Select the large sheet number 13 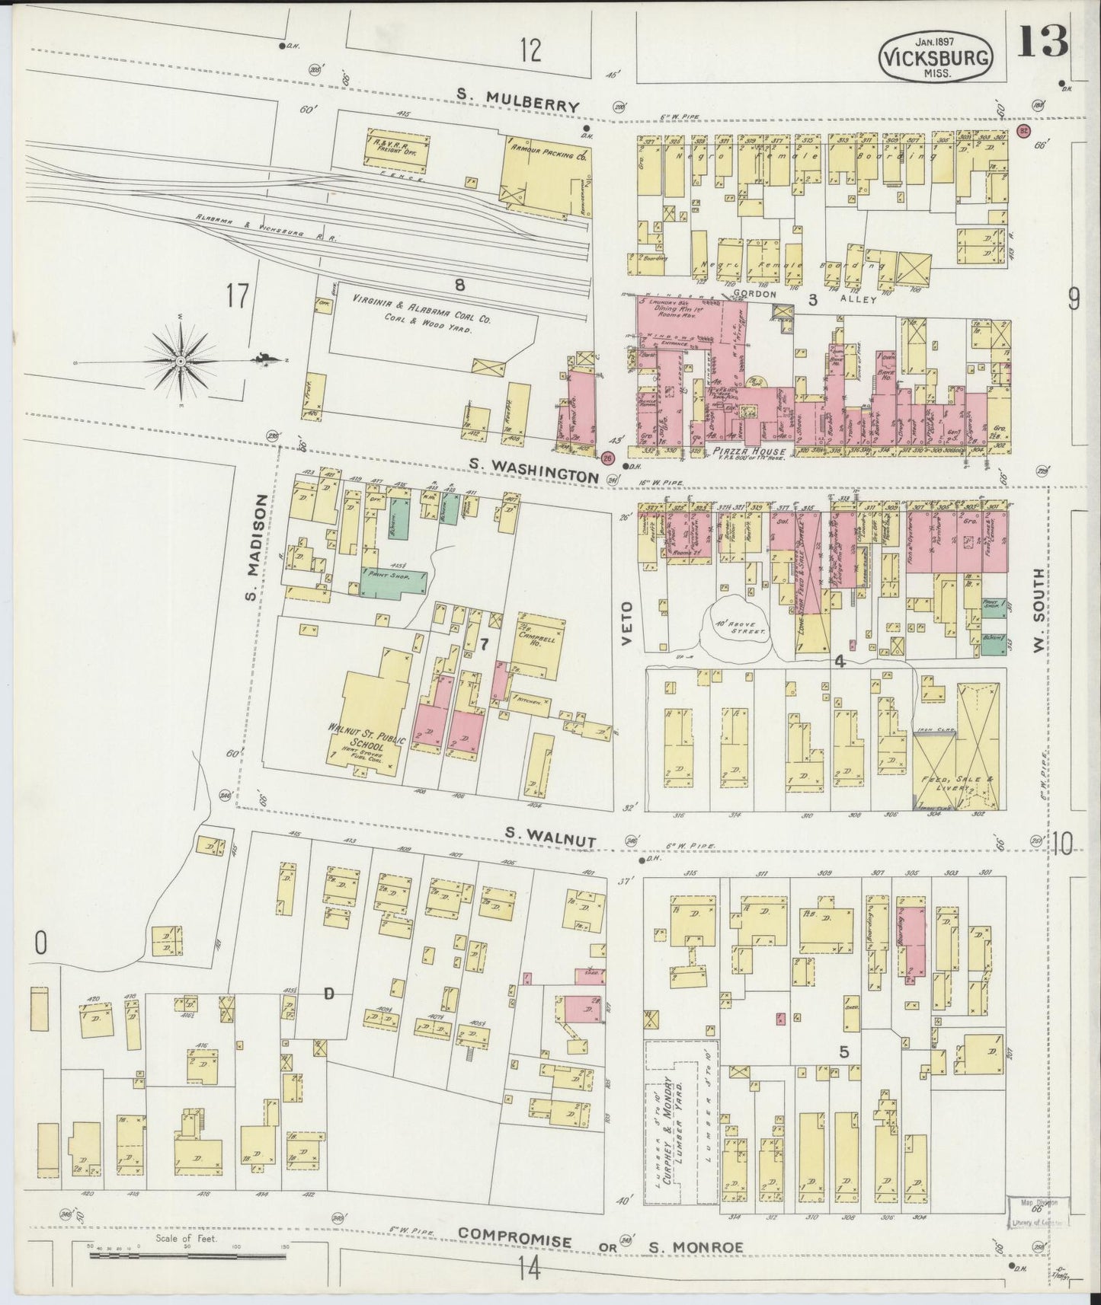(1042, 42)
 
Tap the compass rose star (180, 360)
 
